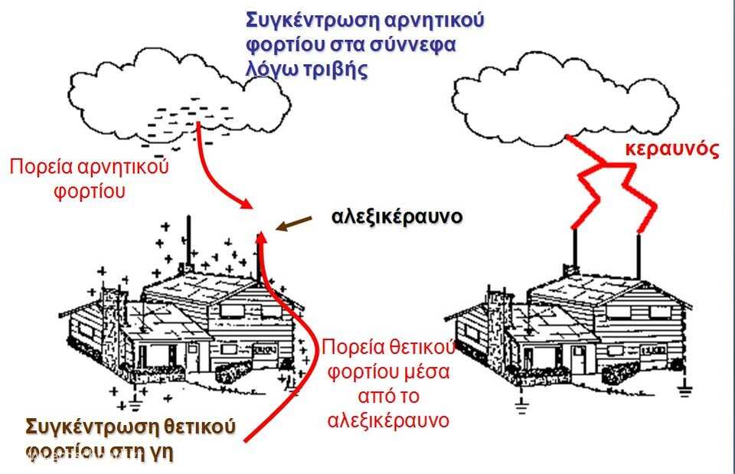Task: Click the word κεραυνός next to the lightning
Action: (671, 149)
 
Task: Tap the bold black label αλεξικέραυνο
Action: (397, 217)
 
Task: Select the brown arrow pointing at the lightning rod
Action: (294, 224)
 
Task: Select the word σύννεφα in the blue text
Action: (413, 45)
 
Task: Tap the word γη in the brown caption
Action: (162, 452)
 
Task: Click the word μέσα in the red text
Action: (426, 372)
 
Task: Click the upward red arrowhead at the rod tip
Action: (262, 237)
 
